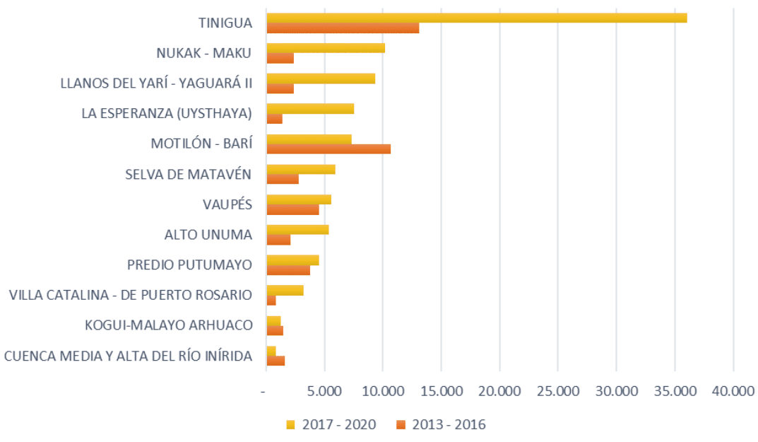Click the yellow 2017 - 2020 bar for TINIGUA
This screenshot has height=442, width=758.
pos(476,18)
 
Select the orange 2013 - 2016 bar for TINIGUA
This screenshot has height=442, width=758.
pos(343,28)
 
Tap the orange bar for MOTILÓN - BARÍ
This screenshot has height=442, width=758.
pos(328,149)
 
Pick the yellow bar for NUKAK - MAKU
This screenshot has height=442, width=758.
pos(326,48)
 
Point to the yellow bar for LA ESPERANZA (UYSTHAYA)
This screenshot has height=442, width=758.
pos(310,108)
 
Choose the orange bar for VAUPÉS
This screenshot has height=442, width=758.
pos(292,209)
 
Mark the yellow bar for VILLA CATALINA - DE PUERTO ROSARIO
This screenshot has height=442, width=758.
pos(285,290)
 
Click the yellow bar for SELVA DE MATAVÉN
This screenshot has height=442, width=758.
pos(301,169)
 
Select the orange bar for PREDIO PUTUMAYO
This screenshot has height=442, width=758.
pos(288,270)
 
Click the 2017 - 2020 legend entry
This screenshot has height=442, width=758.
pos(331,424)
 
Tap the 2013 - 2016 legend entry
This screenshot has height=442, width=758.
pos(442,424)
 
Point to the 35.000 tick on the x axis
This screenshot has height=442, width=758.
pos(675,390)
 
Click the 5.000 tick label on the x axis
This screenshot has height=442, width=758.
pos(324,390)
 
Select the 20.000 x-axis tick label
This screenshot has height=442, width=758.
pos(499,390)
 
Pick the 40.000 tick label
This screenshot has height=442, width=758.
pos(733,390)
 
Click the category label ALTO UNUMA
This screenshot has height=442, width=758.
pos(208,234)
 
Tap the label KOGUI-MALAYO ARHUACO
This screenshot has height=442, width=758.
pos(169,325)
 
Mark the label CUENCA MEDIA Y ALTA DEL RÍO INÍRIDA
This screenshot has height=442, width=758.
pos(129,355)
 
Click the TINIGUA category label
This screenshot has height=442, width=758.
pos(225,23)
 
